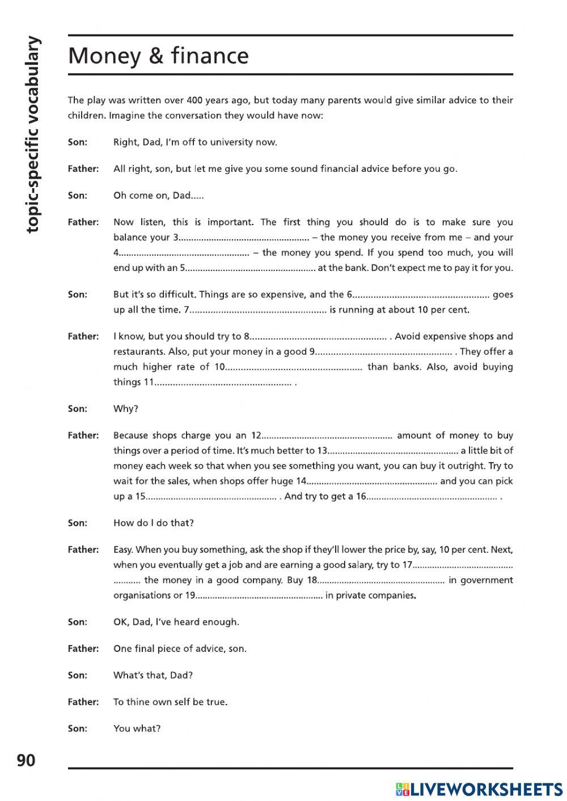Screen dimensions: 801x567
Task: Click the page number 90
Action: (26, 760)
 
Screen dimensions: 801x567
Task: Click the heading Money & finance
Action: (158, 56)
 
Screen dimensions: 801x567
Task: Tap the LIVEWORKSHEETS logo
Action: (479, 789)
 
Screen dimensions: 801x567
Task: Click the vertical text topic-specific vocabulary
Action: (33, 134)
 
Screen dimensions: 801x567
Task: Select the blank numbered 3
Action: (244, 238)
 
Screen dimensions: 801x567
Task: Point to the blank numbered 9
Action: (384, 351)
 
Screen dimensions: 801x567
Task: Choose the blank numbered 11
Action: (224, 382)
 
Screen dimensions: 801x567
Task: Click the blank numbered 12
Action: (327, 435)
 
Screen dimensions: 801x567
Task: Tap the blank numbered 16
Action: (432, 497)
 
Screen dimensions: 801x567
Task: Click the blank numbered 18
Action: (381, 580)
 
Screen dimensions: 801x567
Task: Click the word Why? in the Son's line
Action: (126, 409)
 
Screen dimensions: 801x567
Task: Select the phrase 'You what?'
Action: (137, 728)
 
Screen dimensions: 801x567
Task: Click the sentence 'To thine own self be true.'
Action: (170, 702)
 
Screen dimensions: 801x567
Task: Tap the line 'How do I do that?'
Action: (153, 523)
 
